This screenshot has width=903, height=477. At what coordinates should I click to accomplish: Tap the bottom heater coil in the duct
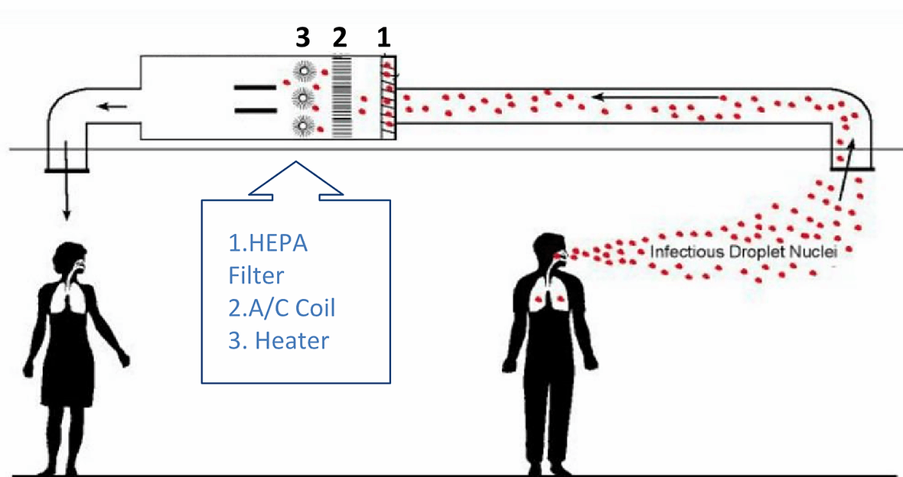coord(305,125)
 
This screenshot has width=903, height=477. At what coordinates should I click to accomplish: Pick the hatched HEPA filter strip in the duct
coord(388,98)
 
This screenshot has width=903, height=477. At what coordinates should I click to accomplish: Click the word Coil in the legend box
coord(311,307)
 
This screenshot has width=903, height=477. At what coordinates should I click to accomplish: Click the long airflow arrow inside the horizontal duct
coord(658,98)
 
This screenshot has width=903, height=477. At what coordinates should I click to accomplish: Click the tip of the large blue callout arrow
coord(295,164)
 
